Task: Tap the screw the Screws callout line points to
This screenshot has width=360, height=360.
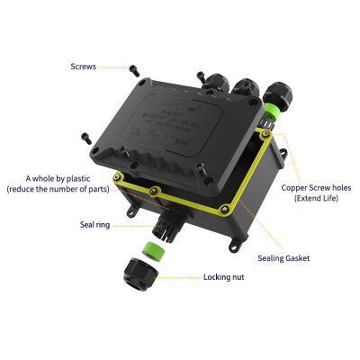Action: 133,68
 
